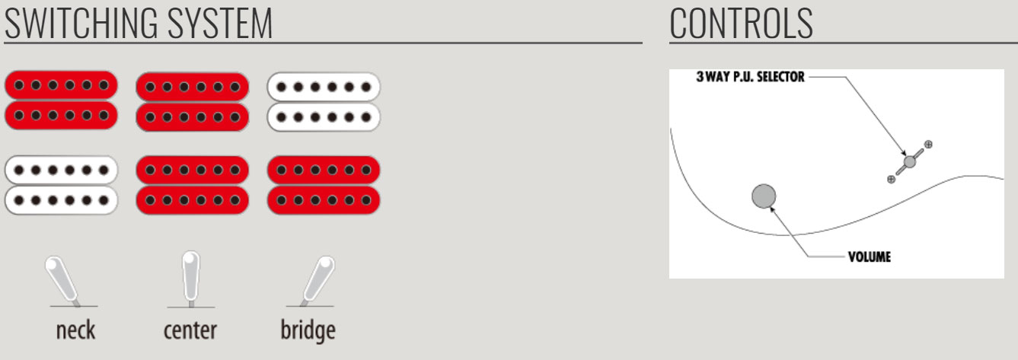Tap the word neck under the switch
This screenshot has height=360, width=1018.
coord(75,330)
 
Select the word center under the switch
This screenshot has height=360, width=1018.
coord(190,330)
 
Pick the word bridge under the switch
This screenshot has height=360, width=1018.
coord(308,331)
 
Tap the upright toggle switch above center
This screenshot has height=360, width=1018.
coord(190,279)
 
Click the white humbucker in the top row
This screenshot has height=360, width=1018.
coord(324,101)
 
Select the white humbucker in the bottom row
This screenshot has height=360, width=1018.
coord(61,184)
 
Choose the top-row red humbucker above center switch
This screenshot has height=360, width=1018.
coord(192,101)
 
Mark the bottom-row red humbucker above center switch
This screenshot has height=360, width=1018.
coord(192,184)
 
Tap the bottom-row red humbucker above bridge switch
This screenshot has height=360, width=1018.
coord(324,184)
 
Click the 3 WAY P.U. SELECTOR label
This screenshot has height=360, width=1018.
coord(750,77)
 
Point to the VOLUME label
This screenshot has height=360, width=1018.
coord(869,256)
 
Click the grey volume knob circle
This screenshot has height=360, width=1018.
coord(764,196)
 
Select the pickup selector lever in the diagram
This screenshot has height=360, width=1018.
coord(909,161)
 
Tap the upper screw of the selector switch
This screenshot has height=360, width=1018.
coord(928,144)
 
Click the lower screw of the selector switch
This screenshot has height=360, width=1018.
coord(891,179)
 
